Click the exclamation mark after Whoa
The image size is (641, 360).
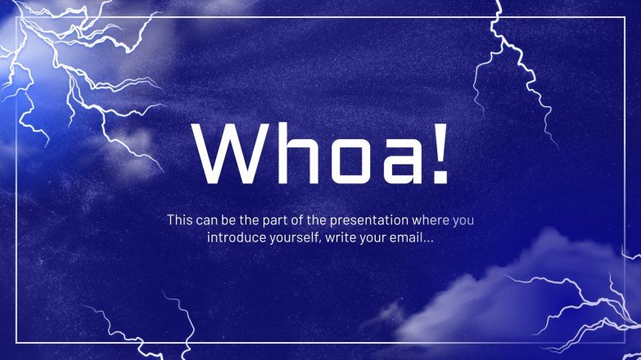438,153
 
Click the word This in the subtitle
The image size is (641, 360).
180,220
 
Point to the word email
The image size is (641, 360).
404,238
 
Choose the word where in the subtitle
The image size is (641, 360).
431,220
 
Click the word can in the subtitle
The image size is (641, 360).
209,220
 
